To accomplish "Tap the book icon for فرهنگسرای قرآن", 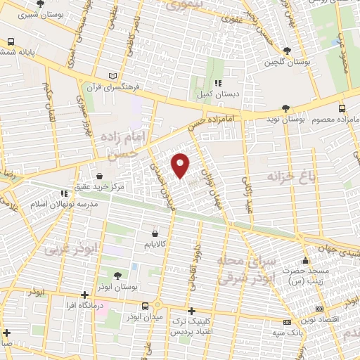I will point(115,76).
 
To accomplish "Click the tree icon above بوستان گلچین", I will point(287,51).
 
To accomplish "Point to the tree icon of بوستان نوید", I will point(285,108).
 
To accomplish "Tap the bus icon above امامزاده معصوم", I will point(342,108).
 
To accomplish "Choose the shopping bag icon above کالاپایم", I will point(154,233).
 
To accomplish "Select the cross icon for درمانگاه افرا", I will point(84,295).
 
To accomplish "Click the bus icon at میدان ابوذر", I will point(146,307).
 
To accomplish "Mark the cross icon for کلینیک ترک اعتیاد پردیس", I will point(191,310).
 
